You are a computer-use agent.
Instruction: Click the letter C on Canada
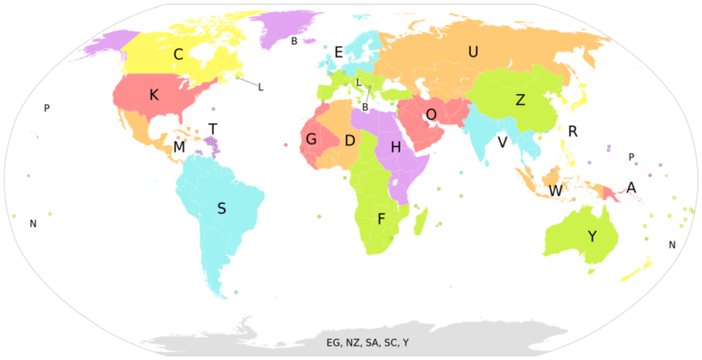click(178, 55)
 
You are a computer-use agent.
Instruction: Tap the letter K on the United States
click(154, 94)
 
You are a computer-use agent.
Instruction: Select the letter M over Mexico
click(179, 147)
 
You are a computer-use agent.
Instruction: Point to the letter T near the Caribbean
click(213, 129)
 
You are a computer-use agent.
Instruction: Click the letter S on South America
click(221, 208)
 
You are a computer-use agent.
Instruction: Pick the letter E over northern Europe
click(338, 53)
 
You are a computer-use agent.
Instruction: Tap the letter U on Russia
click(473, 52)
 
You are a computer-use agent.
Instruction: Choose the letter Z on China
click(520, 101)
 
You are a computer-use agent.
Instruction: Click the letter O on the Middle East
click(431, 114)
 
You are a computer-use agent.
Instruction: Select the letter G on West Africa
click(311, 140)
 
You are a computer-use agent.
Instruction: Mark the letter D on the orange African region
click(349, 141)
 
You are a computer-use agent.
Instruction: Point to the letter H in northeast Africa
click(396, 147)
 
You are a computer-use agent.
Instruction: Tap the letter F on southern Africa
click(381, 218)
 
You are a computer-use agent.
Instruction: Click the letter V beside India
click(502, 143)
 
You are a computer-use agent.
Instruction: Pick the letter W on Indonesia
click(555, 191)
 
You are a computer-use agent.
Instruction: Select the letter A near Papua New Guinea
click(631, 188)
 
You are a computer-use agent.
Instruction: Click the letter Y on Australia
click(591, 237)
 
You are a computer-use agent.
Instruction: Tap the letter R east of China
click(572, 132)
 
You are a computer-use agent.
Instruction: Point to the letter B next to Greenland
click(294, 41)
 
